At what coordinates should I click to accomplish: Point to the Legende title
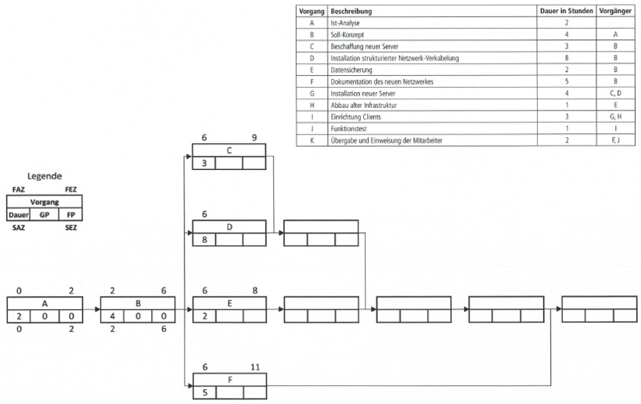[44, 178]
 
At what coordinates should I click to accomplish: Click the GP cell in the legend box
[43, 215]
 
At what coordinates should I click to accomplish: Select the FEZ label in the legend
[70, 189]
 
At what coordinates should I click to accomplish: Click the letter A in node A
[44, 303]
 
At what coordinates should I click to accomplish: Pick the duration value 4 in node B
[114, 316]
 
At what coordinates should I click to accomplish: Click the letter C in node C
[229, 151]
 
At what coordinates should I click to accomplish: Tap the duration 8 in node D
[205, 240]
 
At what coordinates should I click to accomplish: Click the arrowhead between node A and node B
[97, 309]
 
